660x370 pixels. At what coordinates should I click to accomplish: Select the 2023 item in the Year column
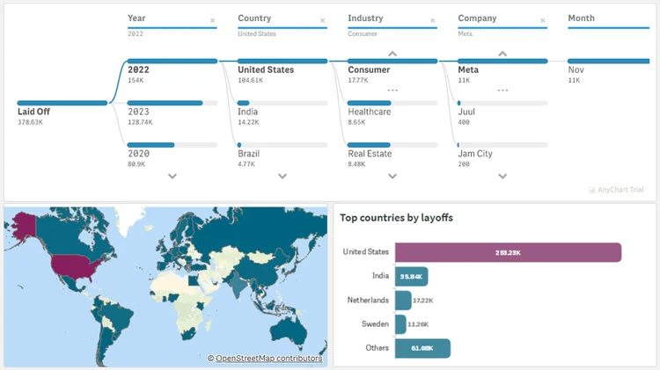pyautogui.click(x=138, y=112)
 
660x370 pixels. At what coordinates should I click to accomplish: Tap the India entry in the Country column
pyautogui.click(x=248, y=112)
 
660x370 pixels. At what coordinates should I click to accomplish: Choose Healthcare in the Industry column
pyautogui.click(x=369, y=112)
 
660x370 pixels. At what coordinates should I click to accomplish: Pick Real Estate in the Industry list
pyautogui.click(x=370, y=154)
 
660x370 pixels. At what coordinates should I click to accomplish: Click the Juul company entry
pyautogui.click(x=468, y=112)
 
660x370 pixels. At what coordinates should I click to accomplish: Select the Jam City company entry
pyautogui.click(x=475, y=154)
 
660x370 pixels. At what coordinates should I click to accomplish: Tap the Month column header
pyautogui.click(x=582, y=18)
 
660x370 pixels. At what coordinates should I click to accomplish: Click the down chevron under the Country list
pyautogui.click(x=282, y=176)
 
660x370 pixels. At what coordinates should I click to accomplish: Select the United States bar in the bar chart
pyautogui.click(x=508, y=252)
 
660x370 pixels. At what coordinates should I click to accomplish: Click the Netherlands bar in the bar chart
pyautogui.click(x=403, y=301)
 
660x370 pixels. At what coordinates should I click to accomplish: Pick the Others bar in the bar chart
pyautogui.click(x=422, y=348)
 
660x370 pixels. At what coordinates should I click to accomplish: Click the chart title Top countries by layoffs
pyautogui.click(x=396, y=218)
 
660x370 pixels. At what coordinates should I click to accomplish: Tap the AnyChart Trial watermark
pyautogui.click(x=619, y=190)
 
